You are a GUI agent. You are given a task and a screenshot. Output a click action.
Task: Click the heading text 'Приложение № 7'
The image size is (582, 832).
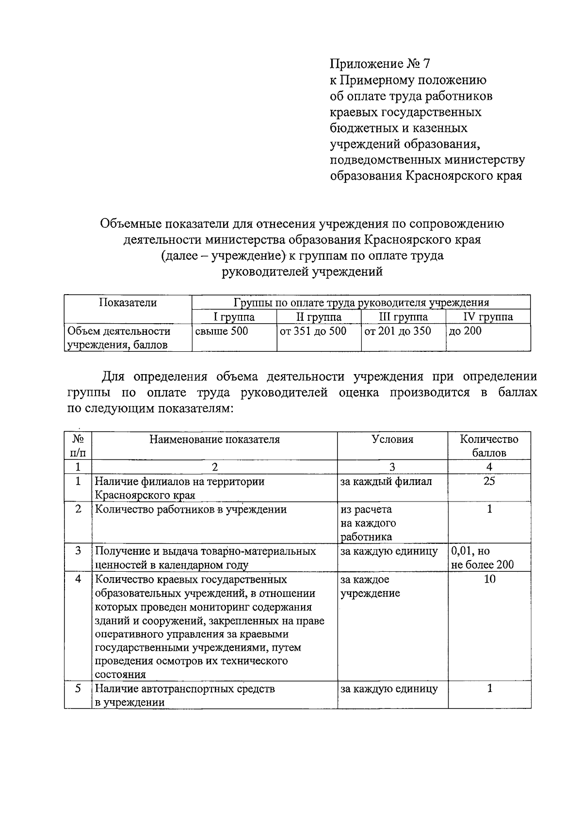pos(380,64)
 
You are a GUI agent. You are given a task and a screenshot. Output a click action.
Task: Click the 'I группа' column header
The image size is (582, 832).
pos(234,317)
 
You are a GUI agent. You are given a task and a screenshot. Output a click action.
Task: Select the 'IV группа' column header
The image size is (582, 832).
pos(488,317)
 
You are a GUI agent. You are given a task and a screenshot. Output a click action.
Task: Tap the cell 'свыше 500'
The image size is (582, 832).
pos(221,331)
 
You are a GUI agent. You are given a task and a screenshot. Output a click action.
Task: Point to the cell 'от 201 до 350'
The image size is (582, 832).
pos(398,331)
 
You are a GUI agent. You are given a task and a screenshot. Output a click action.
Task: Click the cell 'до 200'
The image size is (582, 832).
pos(465,331)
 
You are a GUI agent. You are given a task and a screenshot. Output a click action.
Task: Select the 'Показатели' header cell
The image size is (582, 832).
pos(128,303)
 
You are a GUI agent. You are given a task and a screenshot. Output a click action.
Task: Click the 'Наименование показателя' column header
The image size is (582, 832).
pos(214,440)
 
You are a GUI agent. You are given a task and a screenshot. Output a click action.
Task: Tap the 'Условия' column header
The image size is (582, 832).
pos(392,440)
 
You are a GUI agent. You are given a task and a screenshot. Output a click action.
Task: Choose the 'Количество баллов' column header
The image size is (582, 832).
pos(489,446)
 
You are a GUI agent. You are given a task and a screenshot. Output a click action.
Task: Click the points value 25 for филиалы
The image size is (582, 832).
pos(489,481)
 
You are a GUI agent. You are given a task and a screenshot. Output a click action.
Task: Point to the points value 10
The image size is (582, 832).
pos(489,579)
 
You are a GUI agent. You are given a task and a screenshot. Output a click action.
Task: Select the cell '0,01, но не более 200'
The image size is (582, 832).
pos(482,558)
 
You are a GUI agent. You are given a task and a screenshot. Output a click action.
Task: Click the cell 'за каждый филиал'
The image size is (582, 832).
pos(386,482)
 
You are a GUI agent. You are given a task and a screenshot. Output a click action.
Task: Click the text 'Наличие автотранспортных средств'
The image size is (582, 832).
pos(184,689)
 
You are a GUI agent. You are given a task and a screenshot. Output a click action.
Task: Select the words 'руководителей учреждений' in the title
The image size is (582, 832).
pos(302,272)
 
